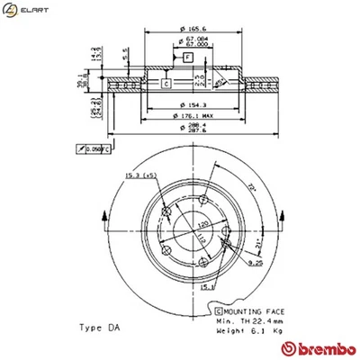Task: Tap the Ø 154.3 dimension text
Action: pyautogui.click(x=186, y=104)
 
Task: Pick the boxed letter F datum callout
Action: pyautogui.click(x=187, y=58)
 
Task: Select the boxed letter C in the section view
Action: pyautogui.click(x=166, y=84)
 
